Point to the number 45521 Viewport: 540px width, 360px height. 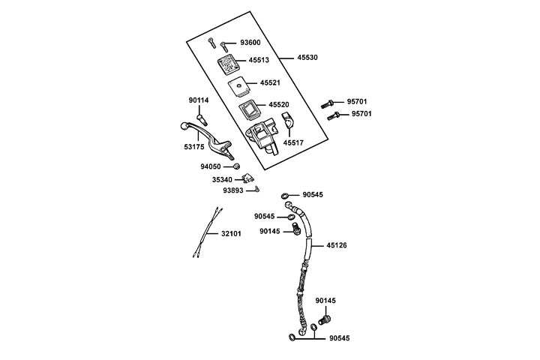coord(270,83)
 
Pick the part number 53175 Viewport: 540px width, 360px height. coord(195,148)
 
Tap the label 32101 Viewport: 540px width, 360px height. coord(232,234)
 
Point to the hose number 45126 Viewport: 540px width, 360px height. coord(337,245)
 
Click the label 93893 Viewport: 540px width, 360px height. coord(232,190)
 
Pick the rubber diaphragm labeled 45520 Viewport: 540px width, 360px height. coord(249,110)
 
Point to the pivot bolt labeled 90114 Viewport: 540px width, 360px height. coord(201,117)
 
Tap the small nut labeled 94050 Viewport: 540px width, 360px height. coord(236,166)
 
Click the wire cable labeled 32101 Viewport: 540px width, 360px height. coord(207,233)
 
